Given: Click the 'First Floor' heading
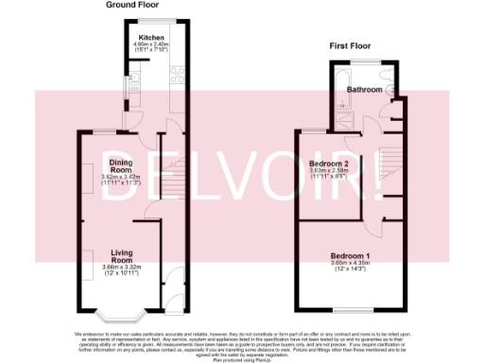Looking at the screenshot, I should [350, 44].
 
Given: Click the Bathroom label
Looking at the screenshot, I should [364, 89].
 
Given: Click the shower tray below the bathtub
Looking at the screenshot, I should [340, 113].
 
